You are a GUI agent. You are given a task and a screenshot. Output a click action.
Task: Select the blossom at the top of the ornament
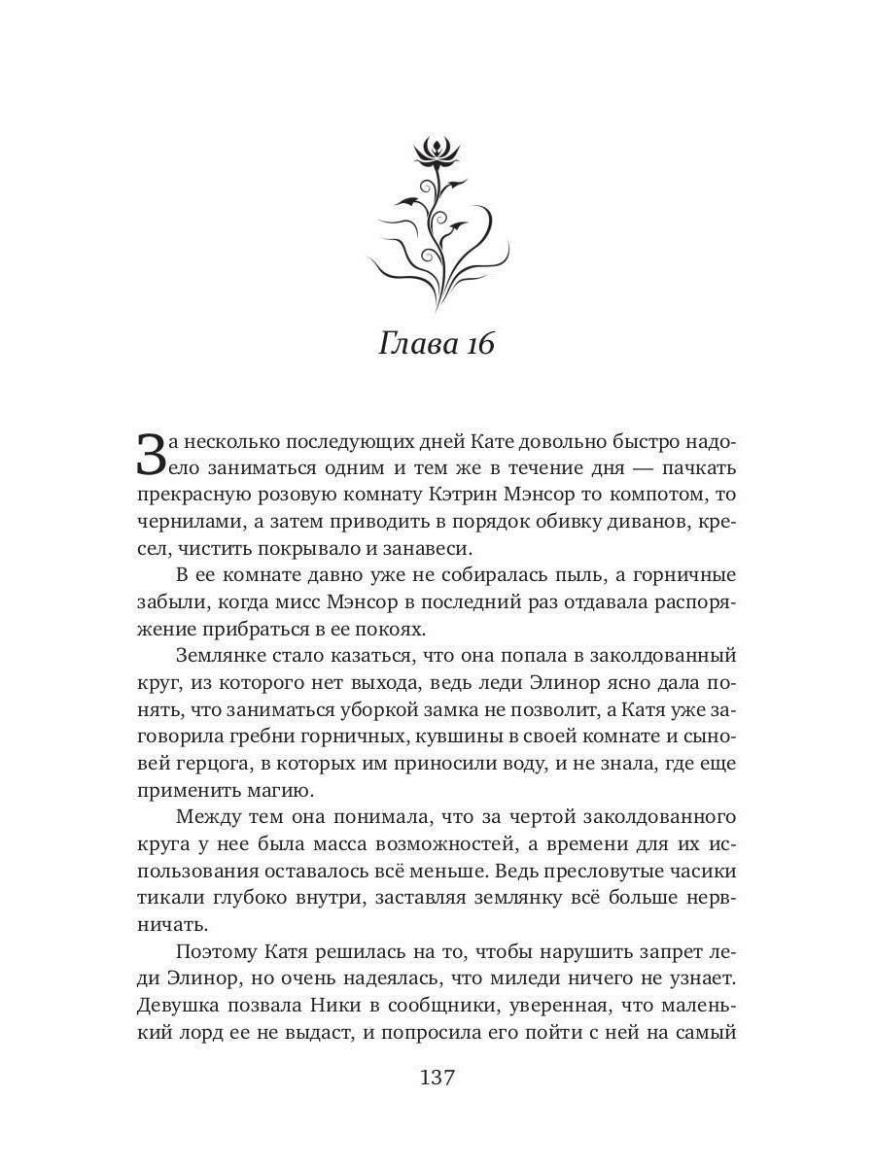435,152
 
